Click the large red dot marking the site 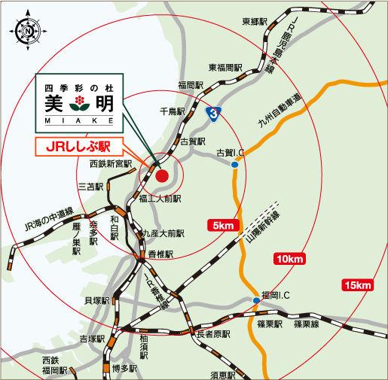pyautogui.click(x=162, y=178)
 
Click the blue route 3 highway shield pyautogui.click(x=216, y=113)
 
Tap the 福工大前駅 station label pyautogui.click(x=160, y=200)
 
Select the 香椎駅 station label pyautogui.click(x=160, y=254)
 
